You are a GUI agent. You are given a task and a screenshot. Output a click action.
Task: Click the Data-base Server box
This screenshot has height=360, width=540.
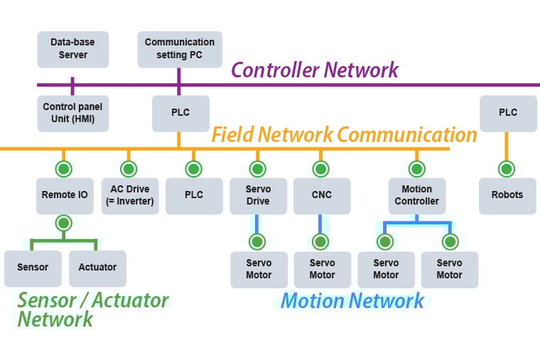click(x=72, y=49)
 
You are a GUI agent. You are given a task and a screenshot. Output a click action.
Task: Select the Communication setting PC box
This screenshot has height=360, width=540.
click(x=179, y=49)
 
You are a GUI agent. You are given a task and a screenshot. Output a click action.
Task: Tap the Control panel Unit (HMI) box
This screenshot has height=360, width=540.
click(x=72, y=114)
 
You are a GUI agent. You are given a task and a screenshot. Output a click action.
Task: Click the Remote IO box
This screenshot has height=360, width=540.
click(x=65, y=195)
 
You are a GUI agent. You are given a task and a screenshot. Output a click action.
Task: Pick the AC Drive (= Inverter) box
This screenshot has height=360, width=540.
click(x=129, y=195)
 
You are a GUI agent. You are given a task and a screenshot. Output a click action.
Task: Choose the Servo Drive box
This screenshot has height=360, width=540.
click(x=258, y=195)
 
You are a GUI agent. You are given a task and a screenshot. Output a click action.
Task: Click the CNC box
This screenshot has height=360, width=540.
click(x=321, y=195)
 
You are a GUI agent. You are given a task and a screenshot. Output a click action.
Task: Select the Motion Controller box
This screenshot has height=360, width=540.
click(x=416, y=195)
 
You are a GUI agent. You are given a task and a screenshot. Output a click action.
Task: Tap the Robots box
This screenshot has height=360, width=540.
click(x=507, y=195)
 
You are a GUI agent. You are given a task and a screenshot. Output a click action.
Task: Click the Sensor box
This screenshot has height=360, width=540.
click(x=33, y=268)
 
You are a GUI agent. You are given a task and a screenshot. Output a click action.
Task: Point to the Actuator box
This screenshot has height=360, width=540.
click(x=97, y=268)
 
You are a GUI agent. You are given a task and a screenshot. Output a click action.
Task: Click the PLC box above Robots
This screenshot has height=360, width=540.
click(x=507, y=114)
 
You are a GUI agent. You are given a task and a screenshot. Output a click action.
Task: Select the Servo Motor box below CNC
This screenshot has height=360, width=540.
click(x=321, y=269)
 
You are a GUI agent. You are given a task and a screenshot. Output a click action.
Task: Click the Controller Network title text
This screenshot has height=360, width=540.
click(x=315, y=70)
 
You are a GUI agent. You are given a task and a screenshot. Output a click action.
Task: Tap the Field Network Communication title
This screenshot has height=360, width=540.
click(x=344, y=134)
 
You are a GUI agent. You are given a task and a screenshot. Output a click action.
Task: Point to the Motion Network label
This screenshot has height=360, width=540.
click(x=352, y=300)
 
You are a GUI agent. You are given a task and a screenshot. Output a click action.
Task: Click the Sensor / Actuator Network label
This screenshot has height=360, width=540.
click(x=92, y=309)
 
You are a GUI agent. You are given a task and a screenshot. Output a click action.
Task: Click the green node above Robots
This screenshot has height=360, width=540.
click(x=507, y=169)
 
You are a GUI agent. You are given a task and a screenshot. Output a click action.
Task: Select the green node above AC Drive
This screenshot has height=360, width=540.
click(x=129, y=169)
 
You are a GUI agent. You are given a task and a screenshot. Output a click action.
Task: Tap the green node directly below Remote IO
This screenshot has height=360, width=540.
click(x=65, y=223)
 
